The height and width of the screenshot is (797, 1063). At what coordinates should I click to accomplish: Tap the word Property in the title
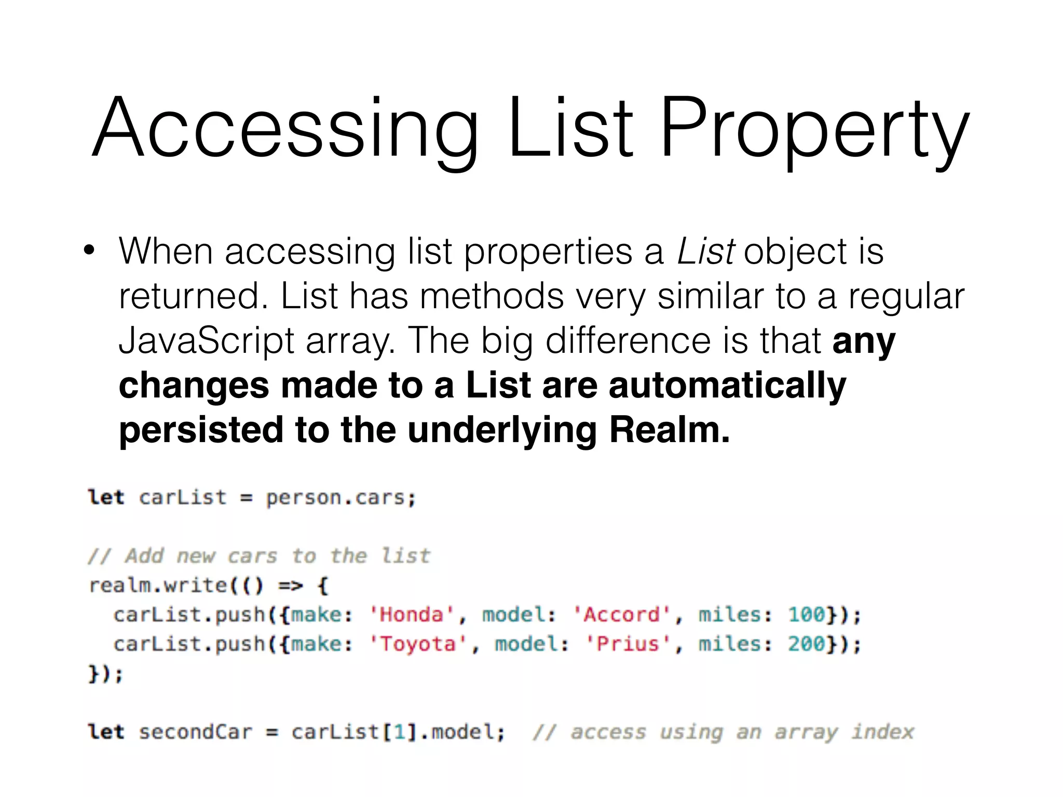pyautogui.click(x=814, y=130)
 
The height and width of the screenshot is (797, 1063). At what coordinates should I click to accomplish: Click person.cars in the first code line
pyautogui.click(x=340, y=498)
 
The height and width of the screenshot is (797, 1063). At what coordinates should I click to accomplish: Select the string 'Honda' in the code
pyautogui.click(x=412, y=615)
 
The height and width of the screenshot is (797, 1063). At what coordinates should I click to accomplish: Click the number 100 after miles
pyautogui.click(x=807, y=615)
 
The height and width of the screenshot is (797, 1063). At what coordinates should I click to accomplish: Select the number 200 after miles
pyautogui.click(x=807, y=644)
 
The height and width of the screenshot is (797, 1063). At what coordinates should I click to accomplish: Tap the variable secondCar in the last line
pyautogui.click(x=195, y=732)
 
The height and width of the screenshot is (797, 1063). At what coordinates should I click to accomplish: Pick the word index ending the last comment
pyautogui.click(x=883, y=732)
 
